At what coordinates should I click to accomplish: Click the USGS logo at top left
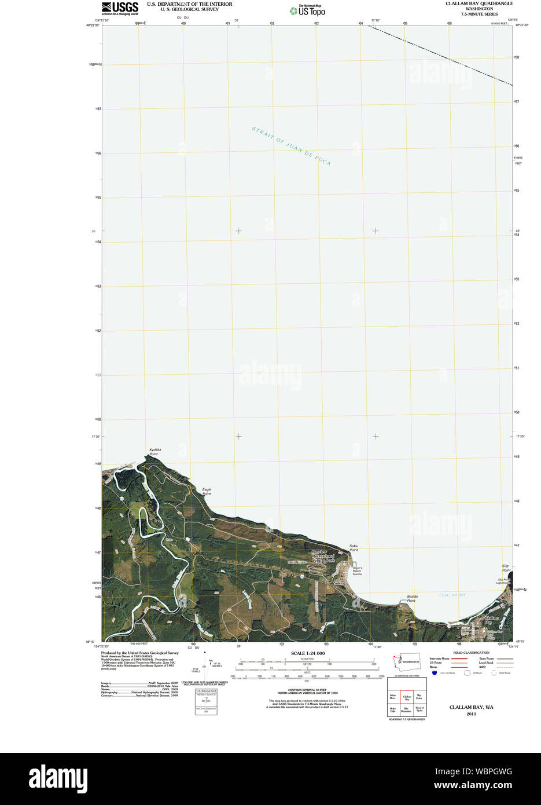120,8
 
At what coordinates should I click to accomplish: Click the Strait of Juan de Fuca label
291,146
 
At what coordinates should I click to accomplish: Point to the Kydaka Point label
154,452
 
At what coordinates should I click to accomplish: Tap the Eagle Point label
207,492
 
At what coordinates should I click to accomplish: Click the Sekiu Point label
354,548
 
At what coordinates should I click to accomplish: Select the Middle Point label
412,598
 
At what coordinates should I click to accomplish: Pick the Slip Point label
506,568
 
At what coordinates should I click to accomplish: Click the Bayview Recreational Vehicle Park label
323,557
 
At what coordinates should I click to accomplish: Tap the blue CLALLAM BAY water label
452,595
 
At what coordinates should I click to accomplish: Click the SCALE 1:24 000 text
308,653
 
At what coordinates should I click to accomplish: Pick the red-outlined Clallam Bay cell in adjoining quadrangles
407,698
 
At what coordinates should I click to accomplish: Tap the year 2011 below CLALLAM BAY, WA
471,714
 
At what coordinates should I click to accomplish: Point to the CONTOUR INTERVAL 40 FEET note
307,690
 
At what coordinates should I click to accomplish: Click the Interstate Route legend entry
440,658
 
